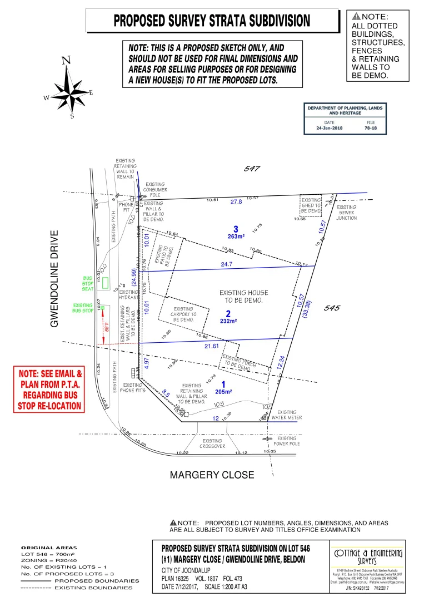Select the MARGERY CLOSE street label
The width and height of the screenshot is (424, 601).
pos(212,475)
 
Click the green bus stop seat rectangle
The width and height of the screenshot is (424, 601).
pos(104,282)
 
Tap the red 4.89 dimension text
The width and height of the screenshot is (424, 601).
pos(106,326)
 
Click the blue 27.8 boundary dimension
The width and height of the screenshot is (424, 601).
pos(236,202)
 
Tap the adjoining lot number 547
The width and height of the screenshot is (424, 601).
pos(252,168)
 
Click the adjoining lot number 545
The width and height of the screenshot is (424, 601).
pos(331,308)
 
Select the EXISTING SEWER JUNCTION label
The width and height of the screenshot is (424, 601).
pos(347,213)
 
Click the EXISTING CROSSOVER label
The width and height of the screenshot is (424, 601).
pos(212,444)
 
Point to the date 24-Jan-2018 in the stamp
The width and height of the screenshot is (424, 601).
pos(330,128)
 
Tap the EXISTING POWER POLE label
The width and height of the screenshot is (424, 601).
pos(286,441)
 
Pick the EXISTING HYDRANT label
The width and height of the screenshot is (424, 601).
pos(129,294)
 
